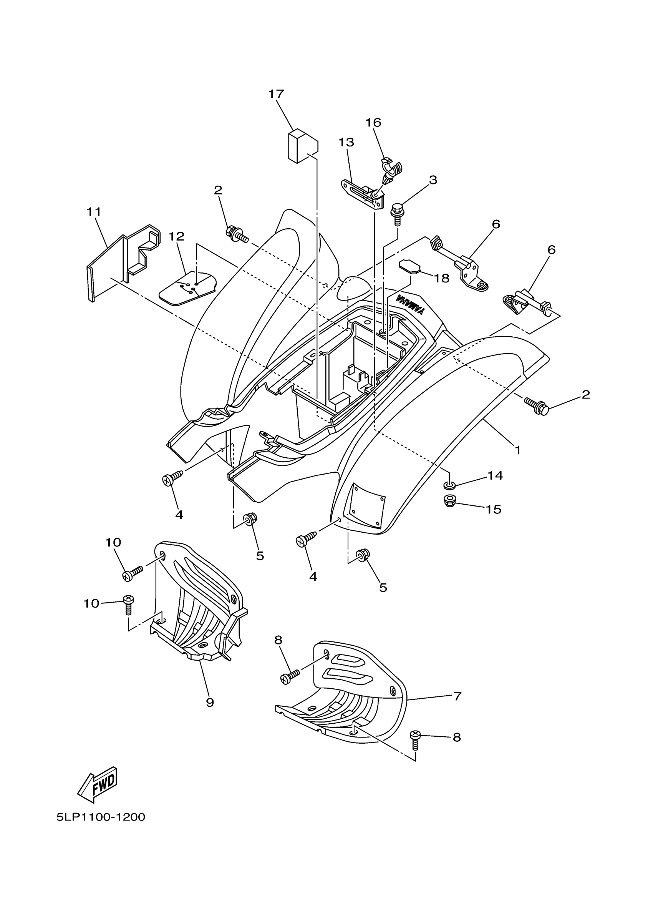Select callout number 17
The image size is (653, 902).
[x=276, y=94]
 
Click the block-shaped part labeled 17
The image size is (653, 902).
[x=302, y=146]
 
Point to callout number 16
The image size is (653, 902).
[x=373, y=123]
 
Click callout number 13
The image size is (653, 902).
[x=346, y=142]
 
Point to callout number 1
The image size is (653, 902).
[x=517, y=450]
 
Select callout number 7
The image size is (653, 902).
[x=457, y=696]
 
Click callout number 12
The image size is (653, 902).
[x=176, y=237]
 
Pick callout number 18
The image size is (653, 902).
[x=441, y=278]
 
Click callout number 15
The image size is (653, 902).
[x=493, y=510]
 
